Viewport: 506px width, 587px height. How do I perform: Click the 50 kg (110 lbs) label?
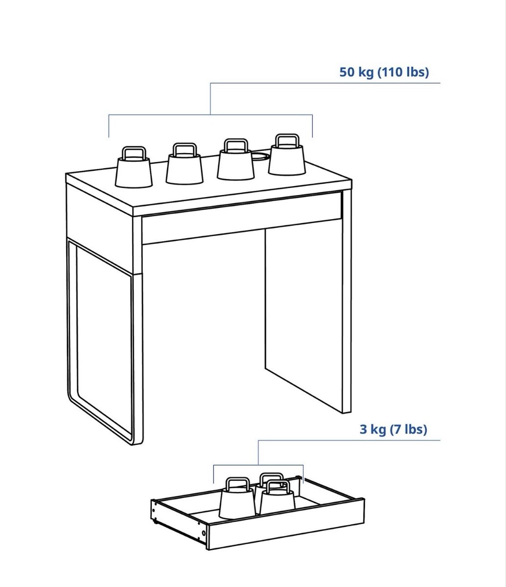point(384,72)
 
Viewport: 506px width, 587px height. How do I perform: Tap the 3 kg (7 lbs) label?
point(393,429)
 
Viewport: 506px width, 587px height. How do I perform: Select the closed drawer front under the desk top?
point(241,218)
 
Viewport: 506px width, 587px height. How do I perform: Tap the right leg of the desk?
point(347,301)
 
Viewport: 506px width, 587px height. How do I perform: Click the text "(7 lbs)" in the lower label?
point(408,429)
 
